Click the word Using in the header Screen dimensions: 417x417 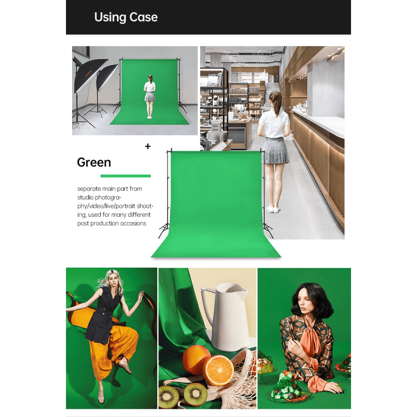pos(110,18)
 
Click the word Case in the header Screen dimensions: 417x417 pos(144,17)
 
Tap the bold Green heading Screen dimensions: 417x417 pos(94,162)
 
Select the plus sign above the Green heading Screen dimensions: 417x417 pos(148,146)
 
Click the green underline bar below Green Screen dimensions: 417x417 pos(125,176)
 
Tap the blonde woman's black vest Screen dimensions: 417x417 pos(102,314)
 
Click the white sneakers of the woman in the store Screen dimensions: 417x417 pos(273,209)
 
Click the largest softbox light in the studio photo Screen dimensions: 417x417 pos(88,75)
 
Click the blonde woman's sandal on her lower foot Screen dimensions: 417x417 pos(101,398)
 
